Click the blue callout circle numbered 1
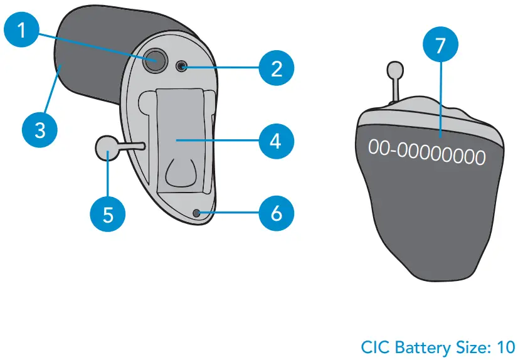click(x=22, y=29)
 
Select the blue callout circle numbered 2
click(x=277, y=68)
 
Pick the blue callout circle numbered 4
click(x=277, y=140)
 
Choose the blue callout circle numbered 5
click(x=108, y=214)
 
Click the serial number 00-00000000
click(x=426, y=152)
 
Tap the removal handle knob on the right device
click(x=394, y=70)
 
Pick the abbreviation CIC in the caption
click(x=374, y=346)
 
